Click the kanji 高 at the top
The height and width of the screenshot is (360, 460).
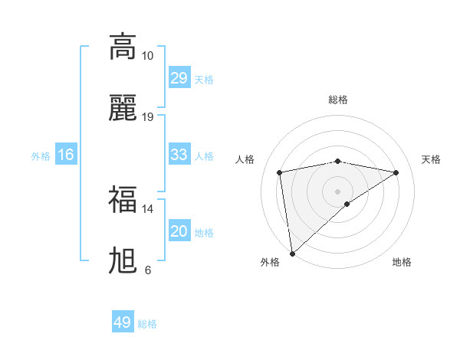click(x=123, y=46)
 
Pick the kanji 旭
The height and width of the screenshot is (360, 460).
click(x=123, y=261)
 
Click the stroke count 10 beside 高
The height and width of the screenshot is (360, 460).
click(x=147, y=56)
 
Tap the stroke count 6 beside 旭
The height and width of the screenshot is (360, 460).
click(x=147, y=270)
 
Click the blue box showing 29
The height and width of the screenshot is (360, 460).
click(x=179, y=78)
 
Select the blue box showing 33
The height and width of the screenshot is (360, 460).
click(x=179, y=155)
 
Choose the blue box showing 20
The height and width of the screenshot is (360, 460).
click(x=179, y=231)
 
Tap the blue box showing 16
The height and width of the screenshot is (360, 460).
click(x=66, y=155)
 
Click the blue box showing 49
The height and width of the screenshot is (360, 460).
click(x=123, y=322)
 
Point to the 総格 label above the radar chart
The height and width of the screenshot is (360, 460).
click(x=338, y=100)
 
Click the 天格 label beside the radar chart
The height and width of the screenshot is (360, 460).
click(x=432, y=159)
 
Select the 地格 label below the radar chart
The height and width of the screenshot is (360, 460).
click(x=402, y=262)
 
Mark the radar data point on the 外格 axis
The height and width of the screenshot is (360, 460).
click(x=291, y=254)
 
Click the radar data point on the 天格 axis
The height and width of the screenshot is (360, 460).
click(x=396, y=172)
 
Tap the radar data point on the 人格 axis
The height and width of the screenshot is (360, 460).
click(x=280, y=172)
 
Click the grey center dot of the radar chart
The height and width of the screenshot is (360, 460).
click(x=338, y=191)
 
